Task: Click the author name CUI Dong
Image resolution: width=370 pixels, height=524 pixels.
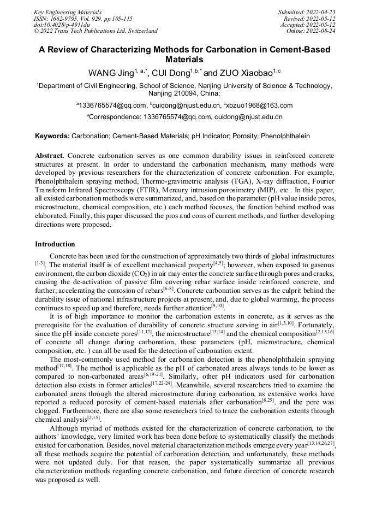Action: [x=170, y=73]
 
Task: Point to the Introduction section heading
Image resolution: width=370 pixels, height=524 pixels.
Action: [x=55, y=244]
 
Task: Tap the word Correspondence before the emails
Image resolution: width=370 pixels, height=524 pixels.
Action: [x=115, y=117]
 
